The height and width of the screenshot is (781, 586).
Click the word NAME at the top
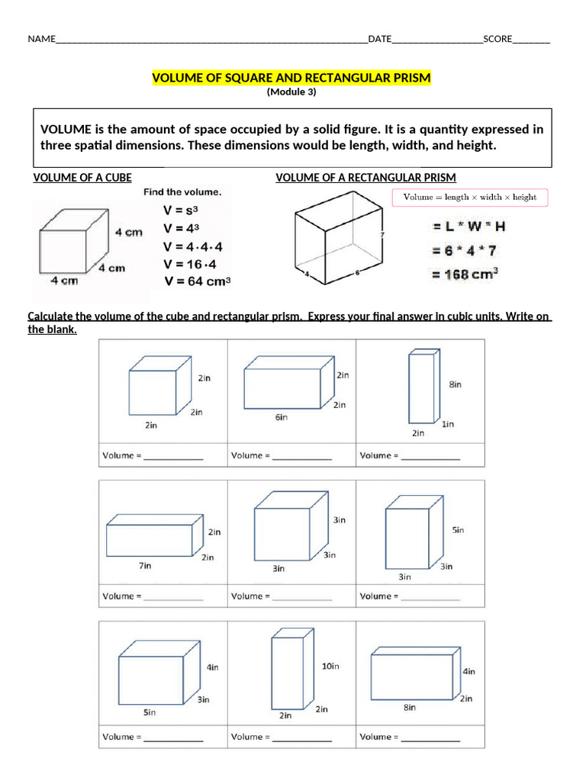click(42, 39)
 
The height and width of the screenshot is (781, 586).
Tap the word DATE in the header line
click(380, 39)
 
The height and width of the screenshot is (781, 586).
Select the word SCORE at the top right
click(497, 39)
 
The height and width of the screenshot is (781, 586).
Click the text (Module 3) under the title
click(291, 92)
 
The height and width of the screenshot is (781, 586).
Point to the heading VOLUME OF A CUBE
click(82, 178)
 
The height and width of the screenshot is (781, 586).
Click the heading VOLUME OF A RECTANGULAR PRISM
click(365, 178)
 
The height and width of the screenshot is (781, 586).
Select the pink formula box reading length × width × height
click(469, 197)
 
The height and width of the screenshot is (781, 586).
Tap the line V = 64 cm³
click(197, 281)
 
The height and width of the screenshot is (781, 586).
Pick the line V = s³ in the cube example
click(182, 211)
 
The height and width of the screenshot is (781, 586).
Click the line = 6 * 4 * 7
click(463, 250)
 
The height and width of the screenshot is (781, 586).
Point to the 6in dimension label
click(282, 417)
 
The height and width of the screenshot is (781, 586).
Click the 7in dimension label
click(145, 566)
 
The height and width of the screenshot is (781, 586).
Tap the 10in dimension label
click(330, 666)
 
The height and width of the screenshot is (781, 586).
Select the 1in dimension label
click(448, 424)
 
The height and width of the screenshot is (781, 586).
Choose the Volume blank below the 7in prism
click(173, 596)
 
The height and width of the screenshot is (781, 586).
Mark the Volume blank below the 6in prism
click(302, 456)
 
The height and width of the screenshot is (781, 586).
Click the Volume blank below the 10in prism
click(302, 738)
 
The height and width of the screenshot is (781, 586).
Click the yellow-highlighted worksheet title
click(291, 78)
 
